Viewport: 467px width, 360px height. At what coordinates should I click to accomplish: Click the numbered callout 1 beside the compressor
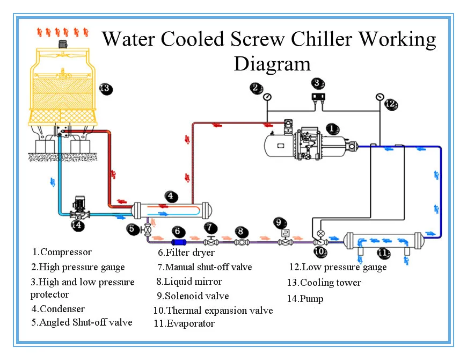[333, 129]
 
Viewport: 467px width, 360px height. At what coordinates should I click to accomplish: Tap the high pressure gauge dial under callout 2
[267, 97]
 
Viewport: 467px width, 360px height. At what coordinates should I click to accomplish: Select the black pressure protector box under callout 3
[318, 97]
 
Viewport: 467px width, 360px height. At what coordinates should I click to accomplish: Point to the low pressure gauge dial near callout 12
[380, 97]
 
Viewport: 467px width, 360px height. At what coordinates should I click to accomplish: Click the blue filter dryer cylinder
[179, 242]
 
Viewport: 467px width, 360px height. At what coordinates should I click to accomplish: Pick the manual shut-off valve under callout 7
[211, 241]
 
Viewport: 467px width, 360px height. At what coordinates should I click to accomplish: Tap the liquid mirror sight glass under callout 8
[242, 242]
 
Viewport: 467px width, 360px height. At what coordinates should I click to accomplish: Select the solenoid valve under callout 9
[286, 237]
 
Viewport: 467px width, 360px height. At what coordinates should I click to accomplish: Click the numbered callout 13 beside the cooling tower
[106, 89]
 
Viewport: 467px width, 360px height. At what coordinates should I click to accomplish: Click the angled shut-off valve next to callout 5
[148, 229]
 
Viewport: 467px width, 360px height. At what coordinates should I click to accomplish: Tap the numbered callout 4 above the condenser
[171, 197]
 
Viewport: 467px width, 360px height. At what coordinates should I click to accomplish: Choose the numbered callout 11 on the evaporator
[384, 253]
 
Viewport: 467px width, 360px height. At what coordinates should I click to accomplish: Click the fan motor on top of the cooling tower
[63, 44]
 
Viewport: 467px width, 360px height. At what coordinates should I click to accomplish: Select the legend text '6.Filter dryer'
[186, 253]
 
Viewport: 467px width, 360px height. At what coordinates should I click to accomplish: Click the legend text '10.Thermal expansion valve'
[213, 311]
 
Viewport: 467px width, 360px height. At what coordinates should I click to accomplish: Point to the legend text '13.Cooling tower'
[324, 283]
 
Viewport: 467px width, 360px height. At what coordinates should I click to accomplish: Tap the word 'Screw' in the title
[257, 39]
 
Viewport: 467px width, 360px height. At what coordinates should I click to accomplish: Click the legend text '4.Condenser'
[58, 309]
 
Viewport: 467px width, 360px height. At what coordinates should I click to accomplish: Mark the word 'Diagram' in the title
[272, 64]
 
